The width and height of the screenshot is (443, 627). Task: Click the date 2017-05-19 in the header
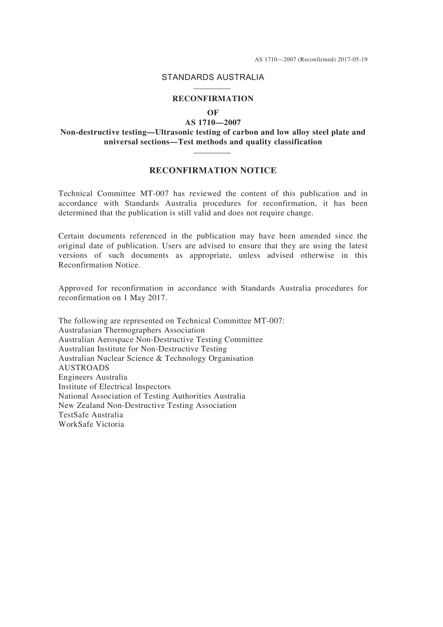point(353,60)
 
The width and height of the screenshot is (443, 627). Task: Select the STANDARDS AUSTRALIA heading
point(213,77)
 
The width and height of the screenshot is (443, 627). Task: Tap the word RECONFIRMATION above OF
point(213,99)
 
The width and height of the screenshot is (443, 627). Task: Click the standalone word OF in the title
point(213,113)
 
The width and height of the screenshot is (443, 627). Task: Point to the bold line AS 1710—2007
point(213,123)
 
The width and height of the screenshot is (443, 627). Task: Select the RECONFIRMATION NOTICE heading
point(213,171)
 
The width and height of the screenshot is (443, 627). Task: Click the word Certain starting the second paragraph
point(71,236)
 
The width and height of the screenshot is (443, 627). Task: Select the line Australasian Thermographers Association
point(132,331)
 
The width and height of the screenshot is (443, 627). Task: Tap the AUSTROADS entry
point(84,368)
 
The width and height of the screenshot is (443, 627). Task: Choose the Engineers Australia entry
point(93,378)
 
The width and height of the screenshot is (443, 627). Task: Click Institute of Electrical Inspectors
point(114,387)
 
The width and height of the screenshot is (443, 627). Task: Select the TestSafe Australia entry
point(91,415)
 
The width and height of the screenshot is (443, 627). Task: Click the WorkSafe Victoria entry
point(91,425)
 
